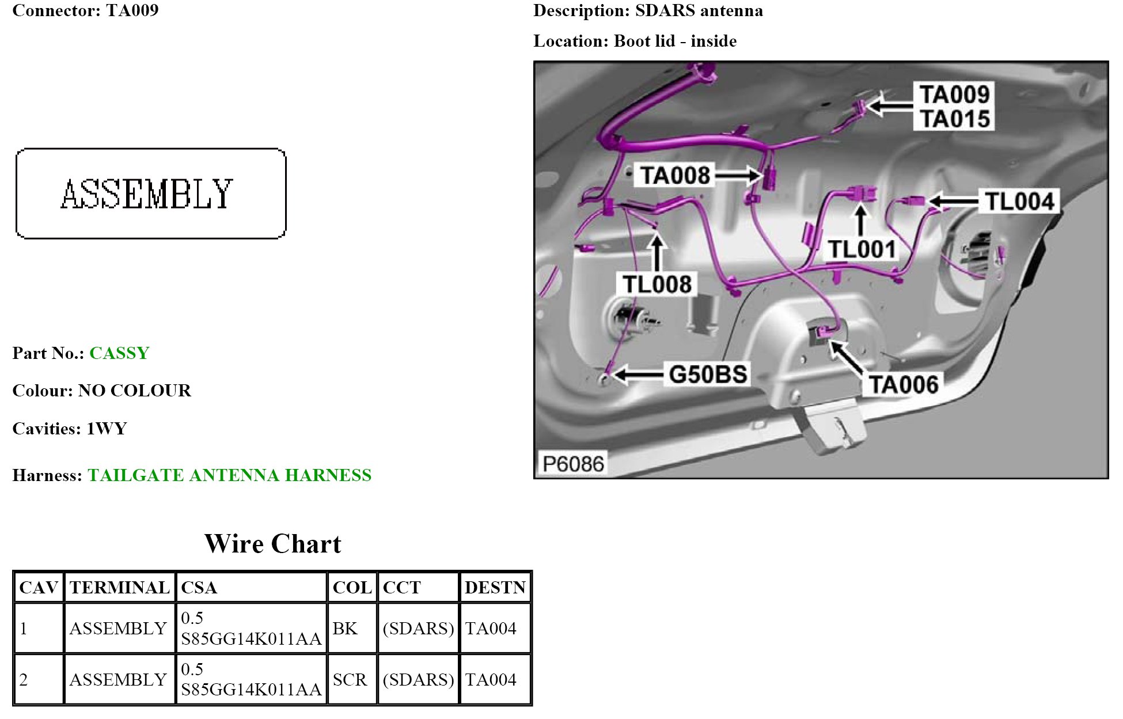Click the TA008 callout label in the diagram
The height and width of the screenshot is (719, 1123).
pos(675,175)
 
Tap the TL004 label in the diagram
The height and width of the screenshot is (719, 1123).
pos(1019,202)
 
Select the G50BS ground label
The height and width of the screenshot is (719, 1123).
pos(708,374)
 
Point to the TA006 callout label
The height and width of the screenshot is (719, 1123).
pos(903,384)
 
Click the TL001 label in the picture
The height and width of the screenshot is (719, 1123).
pos(862,249)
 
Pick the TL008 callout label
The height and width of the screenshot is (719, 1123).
pos(657,285)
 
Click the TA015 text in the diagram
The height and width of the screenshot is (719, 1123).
pos(954,119)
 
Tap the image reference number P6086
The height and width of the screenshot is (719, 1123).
pos(573,464)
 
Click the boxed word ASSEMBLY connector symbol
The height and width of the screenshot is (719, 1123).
pos(150,194)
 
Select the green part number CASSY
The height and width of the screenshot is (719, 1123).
pos(119,353)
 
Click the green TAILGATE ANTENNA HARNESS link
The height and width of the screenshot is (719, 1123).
pos(229,475)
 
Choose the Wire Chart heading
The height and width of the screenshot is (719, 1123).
pos(272,544)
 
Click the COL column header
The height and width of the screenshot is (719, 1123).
pos(352,588)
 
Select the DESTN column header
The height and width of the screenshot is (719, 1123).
pos(495,588)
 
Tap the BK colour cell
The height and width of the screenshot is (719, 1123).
pos(345,629)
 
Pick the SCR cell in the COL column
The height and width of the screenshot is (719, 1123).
pos(349,680)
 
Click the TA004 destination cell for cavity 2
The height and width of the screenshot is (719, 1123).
pos(491,680)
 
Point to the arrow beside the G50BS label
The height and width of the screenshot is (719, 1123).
pos(638,375)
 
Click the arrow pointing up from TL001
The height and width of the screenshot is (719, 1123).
pos(860,220)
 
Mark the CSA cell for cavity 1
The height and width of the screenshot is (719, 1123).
pos(251,629)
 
